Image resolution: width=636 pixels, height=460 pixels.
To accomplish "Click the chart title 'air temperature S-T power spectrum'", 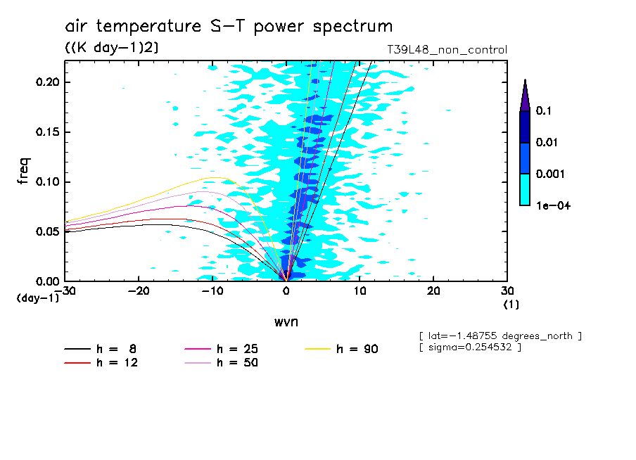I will (229, 27).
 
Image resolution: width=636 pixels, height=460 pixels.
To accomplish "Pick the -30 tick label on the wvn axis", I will (64, 291).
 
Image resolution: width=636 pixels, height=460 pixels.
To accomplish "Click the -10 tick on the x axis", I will (212, 291).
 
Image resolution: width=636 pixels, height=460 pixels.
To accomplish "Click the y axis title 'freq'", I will (25, 172).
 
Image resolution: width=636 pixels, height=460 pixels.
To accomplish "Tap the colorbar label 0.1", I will (542, 111).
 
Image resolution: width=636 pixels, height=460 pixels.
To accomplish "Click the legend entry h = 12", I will (116, 363).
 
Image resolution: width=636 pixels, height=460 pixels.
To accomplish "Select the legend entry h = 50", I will (237, 363).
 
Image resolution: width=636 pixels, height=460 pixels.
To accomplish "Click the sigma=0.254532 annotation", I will (470, 347).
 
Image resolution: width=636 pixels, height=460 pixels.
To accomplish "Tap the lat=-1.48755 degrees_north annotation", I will (500, 336).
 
